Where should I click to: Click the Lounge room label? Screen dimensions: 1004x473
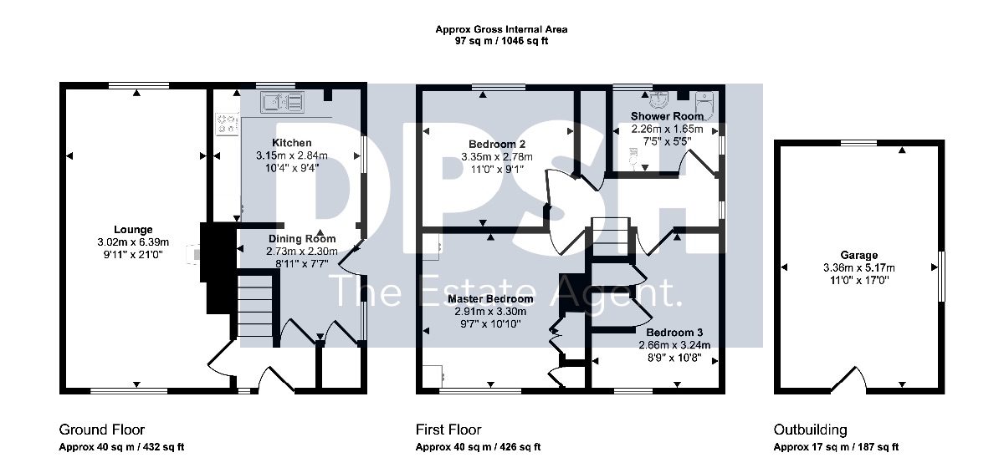133,230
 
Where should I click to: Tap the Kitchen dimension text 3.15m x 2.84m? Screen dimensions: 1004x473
292,155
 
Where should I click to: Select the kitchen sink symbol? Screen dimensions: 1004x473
283,102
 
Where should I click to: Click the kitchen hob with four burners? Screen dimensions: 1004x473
228,124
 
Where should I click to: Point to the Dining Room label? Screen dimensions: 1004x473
302,238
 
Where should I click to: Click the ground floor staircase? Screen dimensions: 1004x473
254,306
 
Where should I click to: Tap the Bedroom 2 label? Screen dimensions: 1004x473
497,144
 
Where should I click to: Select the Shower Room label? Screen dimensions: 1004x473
668,116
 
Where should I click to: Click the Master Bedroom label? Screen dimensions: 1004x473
491,298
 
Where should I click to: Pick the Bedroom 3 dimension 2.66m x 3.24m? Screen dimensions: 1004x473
674,345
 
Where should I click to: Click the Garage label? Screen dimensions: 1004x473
858,255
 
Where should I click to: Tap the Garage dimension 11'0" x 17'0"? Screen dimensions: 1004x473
858,281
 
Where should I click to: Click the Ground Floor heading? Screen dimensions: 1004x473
102,430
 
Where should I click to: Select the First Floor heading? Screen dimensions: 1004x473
448,430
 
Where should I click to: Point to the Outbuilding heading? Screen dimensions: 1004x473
811,430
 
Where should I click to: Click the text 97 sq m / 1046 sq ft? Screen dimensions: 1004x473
501,41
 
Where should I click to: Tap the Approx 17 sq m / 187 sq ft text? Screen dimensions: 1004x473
837,446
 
